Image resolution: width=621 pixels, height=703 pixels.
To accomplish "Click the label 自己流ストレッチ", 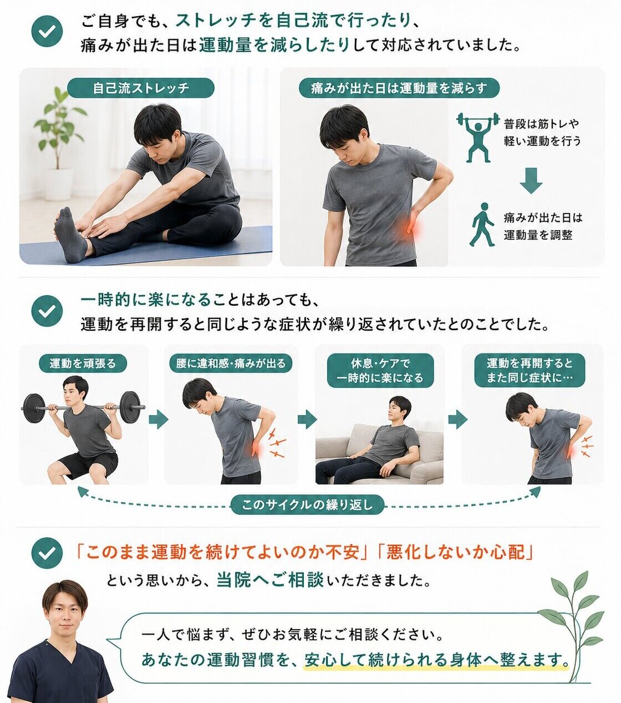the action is [x=140, y=88].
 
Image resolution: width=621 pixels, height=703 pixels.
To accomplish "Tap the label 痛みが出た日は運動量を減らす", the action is [x=399, y=88].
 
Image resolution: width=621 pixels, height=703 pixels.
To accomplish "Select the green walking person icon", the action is [x=482, y=225].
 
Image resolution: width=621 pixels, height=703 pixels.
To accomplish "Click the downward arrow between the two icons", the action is [x=531, y=180].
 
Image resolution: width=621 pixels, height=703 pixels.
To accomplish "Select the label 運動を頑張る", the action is [x=83, y=363].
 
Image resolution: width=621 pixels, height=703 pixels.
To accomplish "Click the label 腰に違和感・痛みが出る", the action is [x=231, y=363].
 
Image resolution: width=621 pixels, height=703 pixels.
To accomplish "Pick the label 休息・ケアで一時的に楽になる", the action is [x=380, y=371].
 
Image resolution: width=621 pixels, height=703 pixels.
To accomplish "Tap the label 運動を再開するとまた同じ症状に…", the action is [x=530, y=370].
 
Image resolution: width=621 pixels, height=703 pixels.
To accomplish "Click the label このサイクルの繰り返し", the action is [x=308, y=505].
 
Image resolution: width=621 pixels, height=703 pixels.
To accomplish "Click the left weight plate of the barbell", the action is [x=33, y=408].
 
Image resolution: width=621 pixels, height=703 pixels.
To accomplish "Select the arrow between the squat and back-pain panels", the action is [x=159, y=419].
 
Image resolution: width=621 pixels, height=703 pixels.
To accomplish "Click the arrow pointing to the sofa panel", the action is [x=307, y=419].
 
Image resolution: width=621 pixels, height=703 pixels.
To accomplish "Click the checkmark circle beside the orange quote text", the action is [x=47, y=553].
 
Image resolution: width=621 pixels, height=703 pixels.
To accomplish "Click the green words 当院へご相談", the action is [x=270, y=580].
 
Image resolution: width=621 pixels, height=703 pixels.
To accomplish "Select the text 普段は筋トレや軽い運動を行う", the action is [x=542, y=132].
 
